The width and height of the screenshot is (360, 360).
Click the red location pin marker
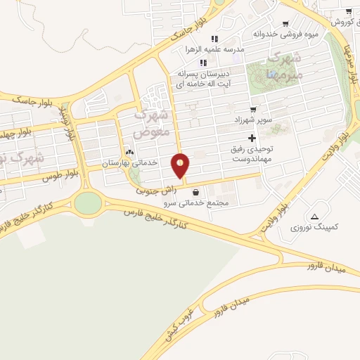tap(181, 165)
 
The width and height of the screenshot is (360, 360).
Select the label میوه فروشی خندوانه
tap(282, 33)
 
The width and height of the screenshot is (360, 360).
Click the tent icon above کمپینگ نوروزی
tap(314, 216)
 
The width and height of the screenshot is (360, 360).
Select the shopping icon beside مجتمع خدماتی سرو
tap(195, 191)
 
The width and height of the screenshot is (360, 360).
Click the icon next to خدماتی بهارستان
tap(129, 153)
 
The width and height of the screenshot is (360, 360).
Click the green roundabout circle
tap(88, 202)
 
